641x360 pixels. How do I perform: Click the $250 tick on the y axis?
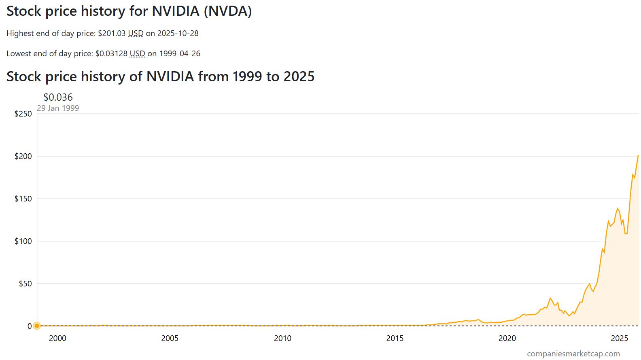pyautogui.click(x=23, y=114)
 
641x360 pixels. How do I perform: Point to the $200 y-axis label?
pyautogui.click(x=23, y=156)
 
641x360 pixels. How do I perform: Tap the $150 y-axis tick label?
pyautogui.click(x=23, y=199)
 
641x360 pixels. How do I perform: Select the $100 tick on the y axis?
pyautogui.click(x=23, y=241)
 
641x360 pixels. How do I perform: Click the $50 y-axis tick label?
pyautogui.click(x=25, y=284)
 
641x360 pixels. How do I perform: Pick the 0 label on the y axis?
pyautogui.click(x=30, y=326)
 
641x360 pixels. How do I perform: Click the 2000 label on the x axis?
pyautogui.click(x=57, y=338)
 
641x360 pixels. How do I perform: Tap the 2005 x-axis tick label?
pyautogui.click(x=170, y=338)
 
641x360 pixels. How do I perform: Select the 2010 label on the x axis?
pyautogui.click(x=282, y=338)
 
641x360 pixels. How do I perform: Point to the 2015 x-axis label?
pyautogui.click(x=395, y=338)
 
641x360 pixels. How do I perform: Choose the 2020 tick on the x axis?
pyautogui.click(x=507, y=338)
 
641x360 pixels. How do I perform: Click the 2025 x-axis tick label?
pyautogui.click(x=619, y=338)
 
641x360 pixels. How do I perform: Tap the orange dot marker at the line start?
pyautogui.click(x=37, y=326)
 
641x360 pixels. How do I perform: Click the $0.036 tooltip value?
pyautogui.click(x=58, y=97)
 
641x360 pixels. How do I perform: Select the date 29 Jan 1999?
pyautogui.click(x=58, y=108)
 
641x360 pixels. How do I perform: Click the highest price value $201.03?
pyautogui.click(x=112, y=33)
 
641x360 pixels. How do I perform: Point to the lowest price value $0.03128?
pyautogui.click(x=111, y=53)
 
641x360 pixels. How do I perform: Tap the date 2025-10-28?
pyautogui.click(x=178, y=33)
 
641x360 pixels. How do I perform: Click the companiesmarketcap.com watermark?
pyautogui.click(x=573, y=354)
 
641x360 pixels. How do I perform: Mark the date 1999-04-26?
pyautogui.click(x=180, y=53)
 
